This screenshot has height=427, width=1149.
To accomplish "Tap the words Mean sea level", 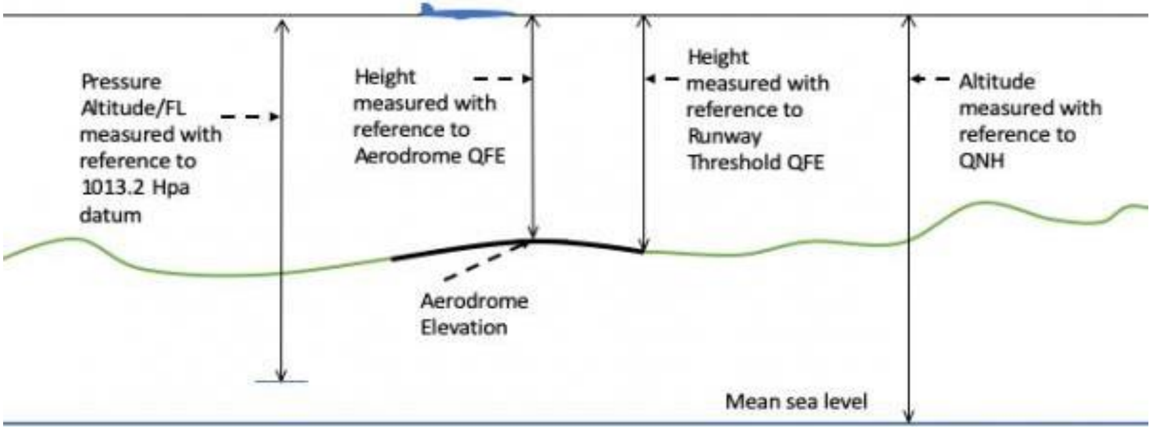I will click(x=796, y=401).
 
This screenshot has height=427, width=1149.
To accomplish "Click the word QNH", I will click(x=982, y=161).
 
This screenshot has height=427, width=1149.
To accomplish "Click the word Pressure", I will click(x=121, y=82).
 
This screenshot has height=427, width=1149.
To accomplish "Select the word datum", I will click(x=111, y=215).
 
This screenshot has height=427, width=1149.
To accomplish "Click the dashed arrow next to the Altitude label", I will click(x=930, y=79).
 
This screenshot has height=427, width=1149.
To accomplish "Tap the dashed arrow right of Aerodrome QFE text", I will click(x=503, y=79).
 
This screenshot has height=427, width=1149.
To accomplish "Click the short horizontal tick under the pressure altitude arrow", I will click(x=281, y=381).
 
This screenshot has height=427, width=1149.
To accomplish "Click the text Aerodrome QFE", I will click(x=430, y=155).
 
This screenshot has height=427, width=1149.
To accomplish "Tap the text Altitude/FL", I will click(x=133, y=108).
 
